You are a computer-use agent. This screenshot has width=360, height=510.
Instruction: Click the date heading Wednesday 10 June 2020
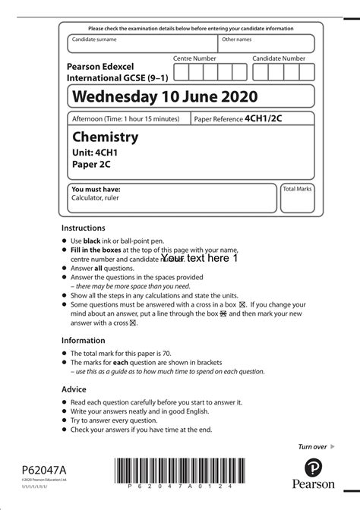coord(164,96)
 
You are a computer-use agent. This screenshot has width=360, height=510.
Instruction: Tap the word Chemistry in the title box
coord(105,137)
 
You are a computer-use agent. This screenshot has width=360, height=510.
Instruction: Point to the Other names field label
coord(236,39)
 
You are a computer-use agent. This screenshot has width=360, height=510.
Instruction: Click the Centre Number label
coord(194,58)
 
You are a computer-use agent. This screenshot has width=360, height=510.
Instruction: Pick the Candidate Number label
coord(279,58)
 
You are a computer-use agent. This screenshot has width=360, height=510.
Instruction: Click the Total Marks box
coord(297,197)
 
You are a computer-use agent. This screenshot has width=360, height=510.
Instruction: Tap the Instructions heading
coord(84,228)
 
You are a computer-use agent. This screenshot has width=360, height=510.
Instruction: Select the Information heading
coord(83,341)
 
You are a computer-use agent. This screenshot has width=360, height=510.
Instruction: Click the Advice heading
coord(74,389)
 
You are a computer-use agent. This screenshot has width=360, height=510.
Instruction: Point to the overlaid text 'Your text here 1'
coord(200,258)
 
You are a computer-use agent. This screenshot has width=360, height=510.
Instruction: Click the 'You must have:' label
coord(96,189)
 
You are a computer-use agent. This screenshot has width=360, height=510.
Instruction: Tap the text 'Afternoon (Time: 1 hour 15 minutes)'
coord(125,119)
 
